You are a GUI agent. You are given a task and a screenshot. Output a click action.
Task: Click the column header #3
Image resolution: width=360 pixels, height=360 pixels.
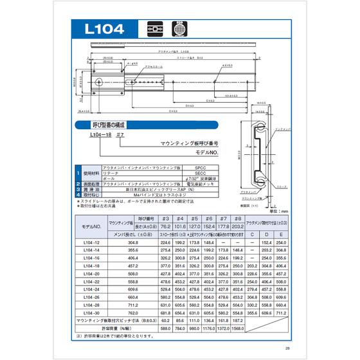165,219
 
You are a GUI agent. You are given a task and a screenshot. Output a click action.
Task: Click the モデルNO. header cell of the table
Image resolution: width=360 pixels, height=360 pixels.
91,226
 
